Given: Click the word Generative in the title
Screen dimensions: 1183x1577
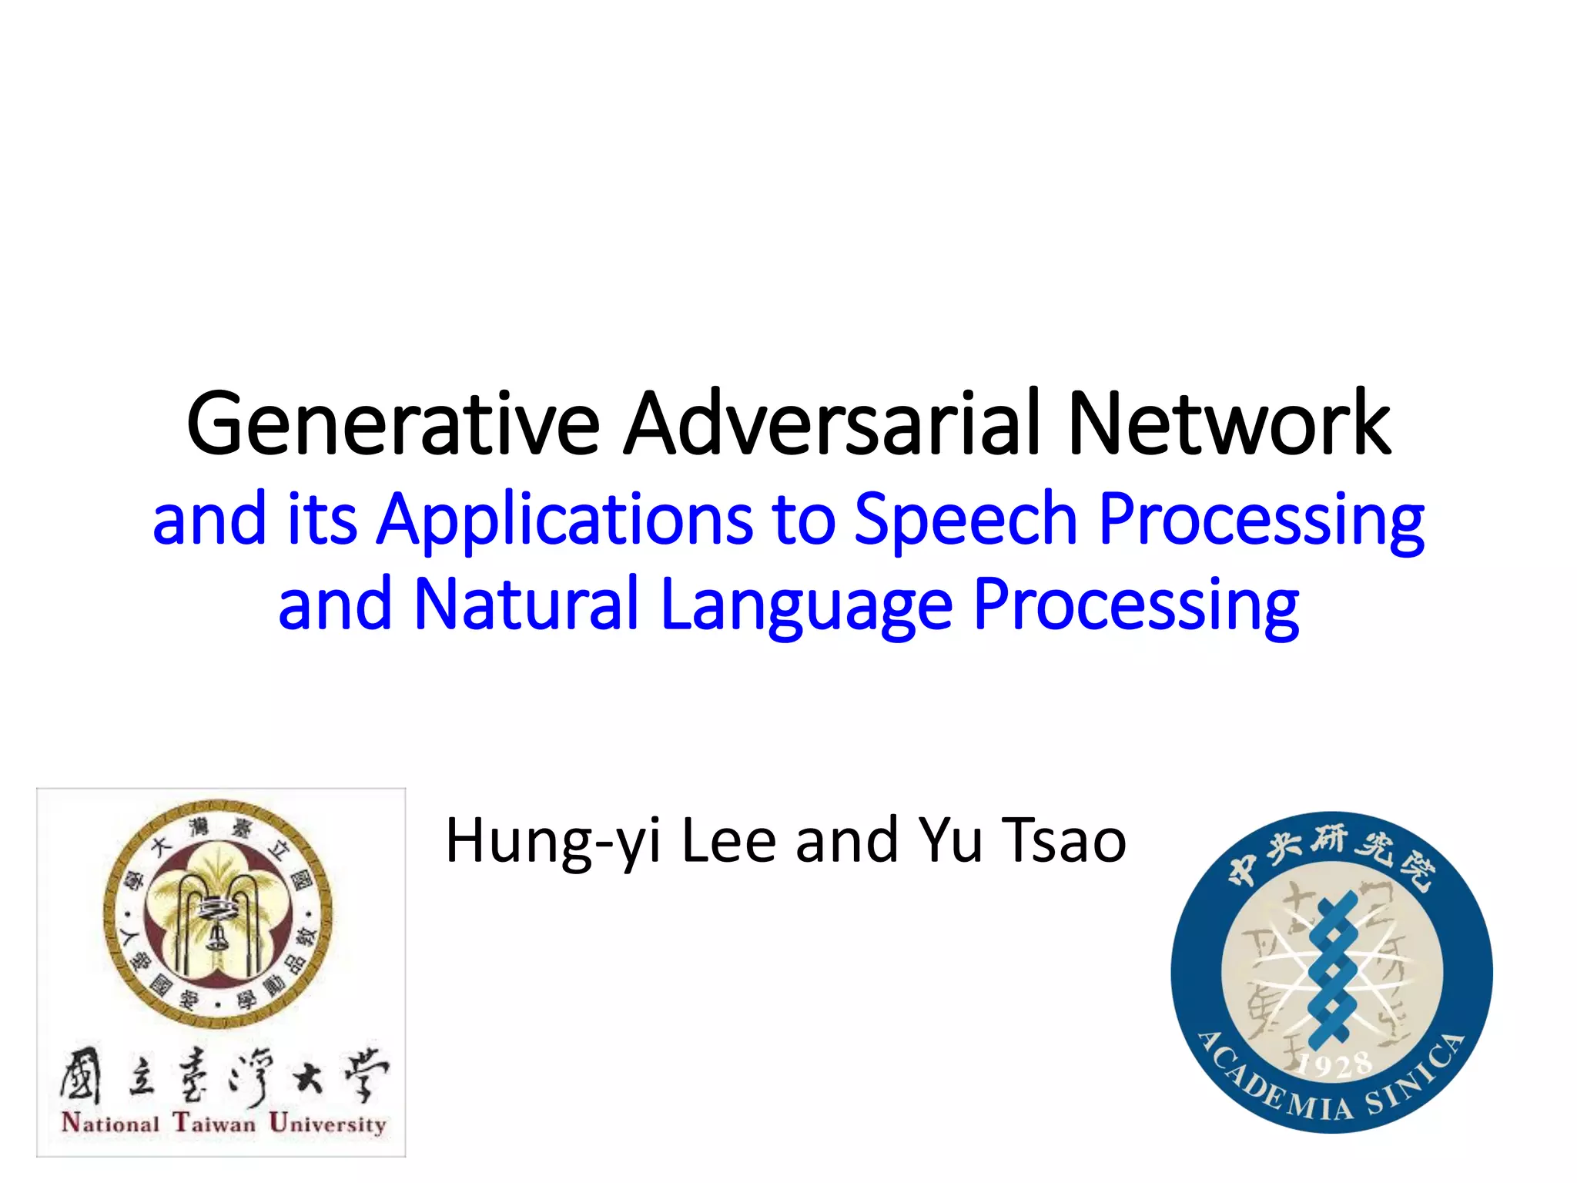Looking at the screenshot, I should pos(393,424).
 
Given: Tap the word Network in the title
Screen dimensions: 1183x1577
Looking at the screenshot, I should pos(1229,424).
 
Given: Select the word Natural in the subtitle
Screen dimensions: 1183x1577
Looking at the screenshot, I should pos(526,605).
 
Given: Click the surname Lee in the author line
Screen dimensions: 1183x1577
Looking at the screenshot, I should pos(728,840).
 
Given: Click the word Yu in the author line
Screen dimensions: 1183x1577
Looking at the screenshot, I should pos(950,840).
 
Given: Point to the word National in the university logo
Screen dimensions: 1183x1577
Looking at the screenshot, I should pos(110,1123).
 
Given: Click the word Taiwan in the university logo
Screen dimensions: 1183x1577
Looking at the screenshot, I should pos(214,1123).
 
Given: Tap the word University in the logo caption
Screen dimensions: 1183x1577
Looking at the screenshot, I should pos(327,1124).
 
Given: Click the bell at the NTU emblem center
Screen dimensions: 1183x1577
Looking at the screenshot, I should pos(216,935).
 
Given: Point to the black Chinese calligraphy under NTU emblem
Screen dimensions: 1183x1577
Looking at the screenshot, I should pos(223,1075).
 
